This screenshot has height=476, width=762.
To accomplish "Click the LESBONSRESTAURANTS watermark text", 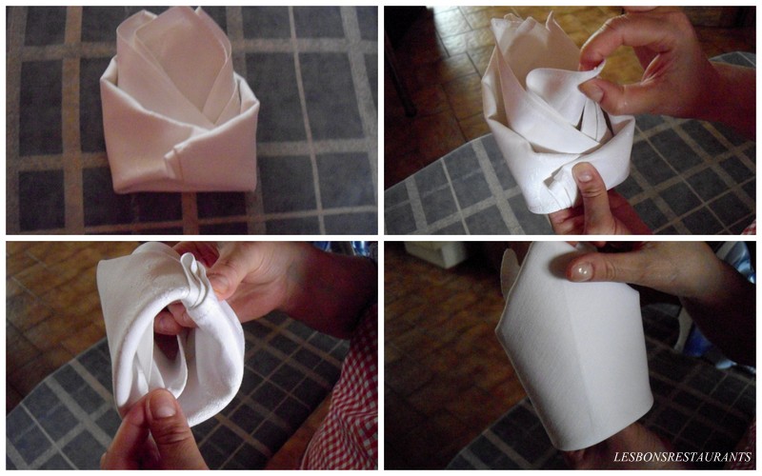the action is coord(682,457).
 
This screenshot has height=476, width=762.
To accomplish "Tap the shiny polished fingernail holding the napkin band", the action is coord(582,271).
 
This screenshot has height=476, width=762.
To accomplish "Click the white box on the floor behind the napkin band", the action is coord(434,254).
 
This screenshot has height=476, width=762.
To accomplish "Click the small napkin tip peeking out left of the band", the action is coord(508,272).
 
